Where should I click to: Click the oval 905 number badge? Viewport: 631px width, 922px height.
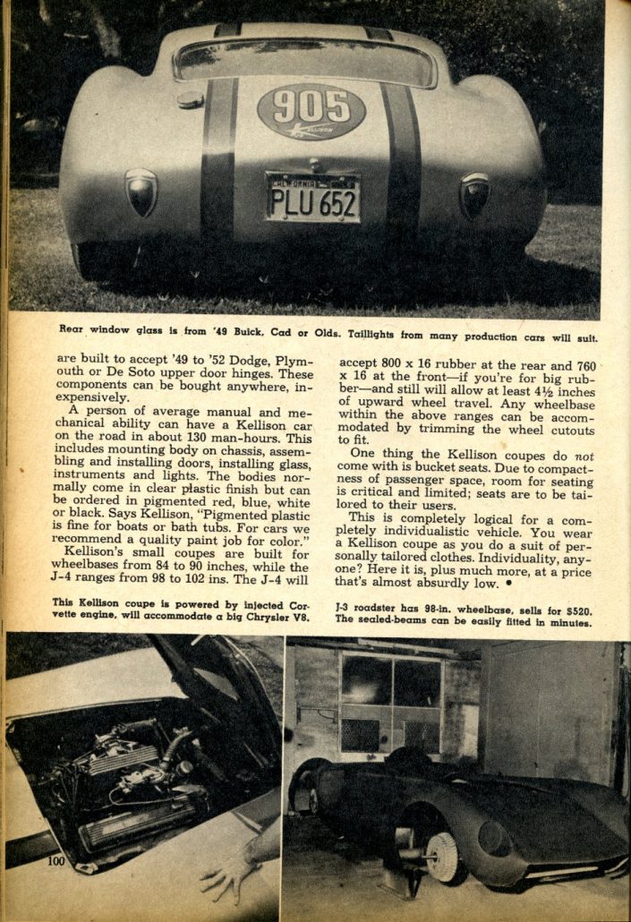(311, 111)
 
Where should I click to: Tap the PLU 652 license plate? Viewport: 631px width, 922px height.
(312, 199)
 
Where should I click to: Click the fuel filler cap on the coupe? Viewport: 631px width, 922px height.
(190, 100)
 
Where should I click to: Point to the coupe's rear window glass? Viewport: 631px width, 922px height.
(304, 59)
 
